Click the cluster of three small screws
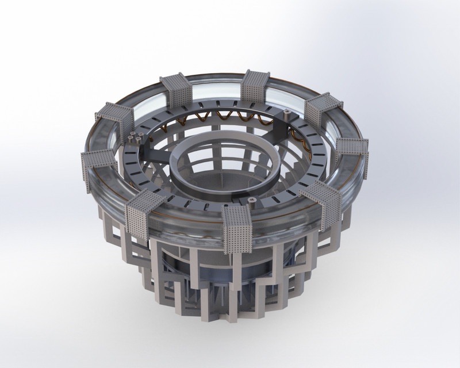136,139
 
